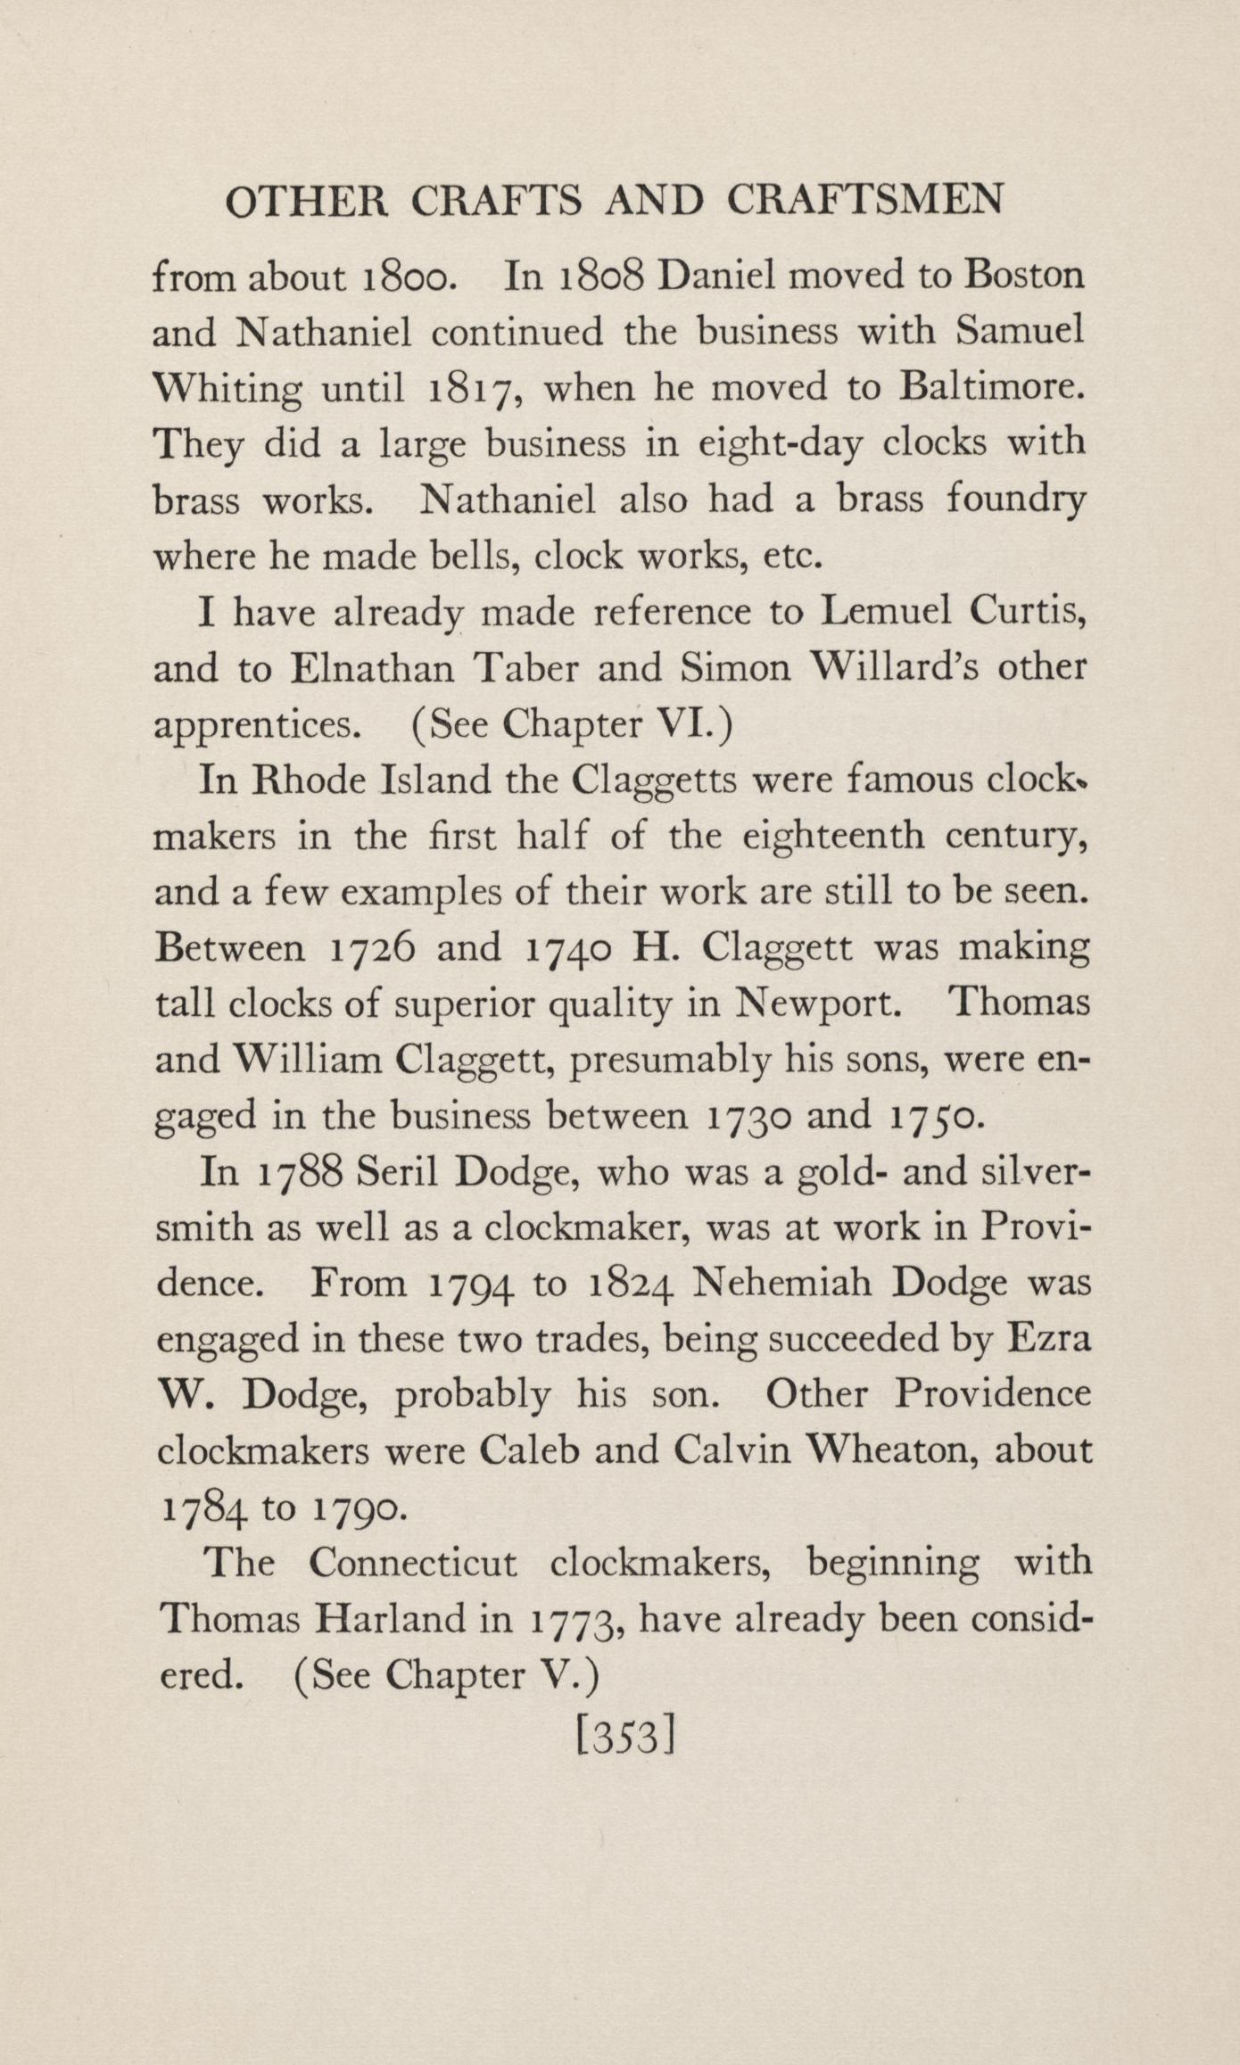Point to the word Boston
click(x=1024, y=276)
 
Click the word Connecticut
click(x=413, y=1563)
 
